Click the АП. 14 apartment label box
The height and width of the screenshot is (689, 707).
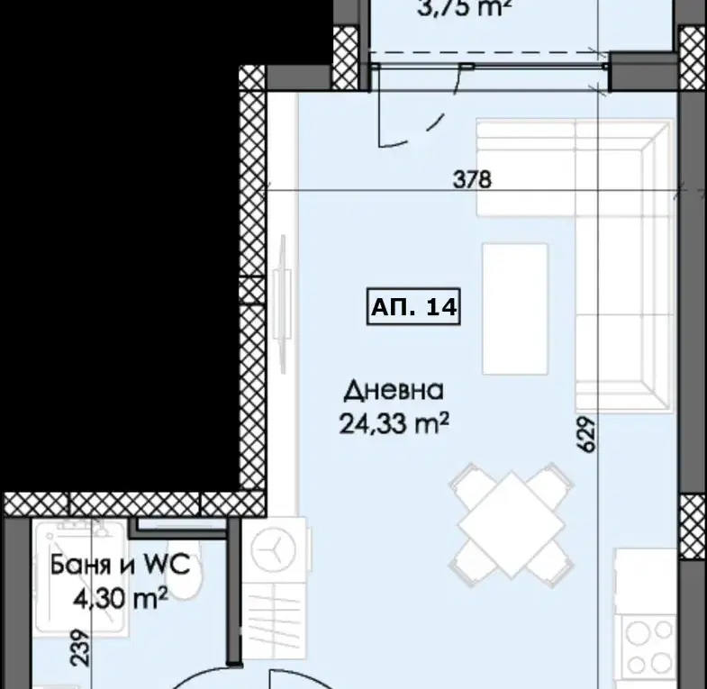(413, 306)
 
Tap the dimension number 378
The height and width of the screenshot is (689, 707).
(472, 179)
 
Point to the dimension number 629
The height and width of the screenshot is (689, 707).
(586, 434)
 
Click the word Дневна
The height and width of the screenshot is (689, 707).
(394, 391)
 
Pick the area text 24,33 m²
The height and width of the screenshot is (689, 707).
(394, 424)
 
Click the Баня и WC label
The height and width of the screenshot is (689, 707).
(120, 565)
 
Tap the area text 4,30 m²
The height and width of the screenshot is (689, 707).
(121, 598)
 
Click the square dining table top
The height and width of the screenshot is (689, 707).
(512, 525)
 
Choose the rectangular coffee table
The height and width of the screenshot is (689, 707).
(515, 309)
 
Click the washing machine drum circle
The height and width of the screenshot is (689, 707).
(274, 549)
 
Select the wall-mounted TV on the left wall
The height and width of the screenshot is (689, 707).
(283, 304)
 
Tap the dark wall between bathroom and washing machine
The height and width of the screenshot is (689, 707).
(234, 592)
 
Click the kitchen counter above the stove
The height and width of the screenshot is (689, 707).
(645, 581)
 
